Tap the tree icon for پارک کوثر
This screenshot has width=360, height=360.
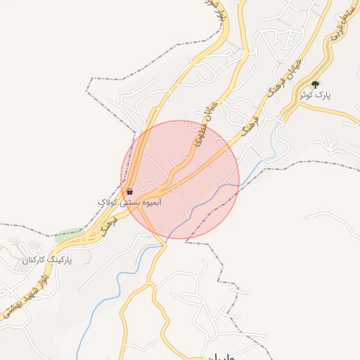314,84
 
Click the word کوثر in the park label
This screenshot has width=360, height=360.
307,94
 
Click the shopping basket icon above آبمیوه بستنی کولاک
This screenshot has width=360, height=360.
130,191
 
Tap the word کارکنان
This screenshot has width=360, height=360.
34,260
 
